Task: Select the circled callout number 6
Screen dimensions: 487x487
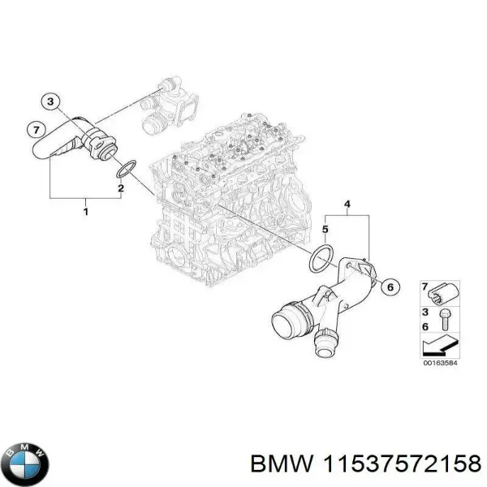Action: point(389,286)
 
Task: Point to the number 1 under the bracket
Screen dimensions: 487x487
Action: point(86,212)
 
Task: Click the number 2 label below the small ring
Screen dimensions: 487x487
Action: point(120,189)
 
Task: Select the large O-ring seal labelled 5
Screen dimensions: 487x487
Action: point(322,258)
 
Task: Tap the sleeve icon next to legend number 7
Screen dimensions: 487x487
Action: point(444,292)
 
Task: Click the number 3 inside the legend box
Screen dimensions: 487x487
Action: point(425,312)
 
